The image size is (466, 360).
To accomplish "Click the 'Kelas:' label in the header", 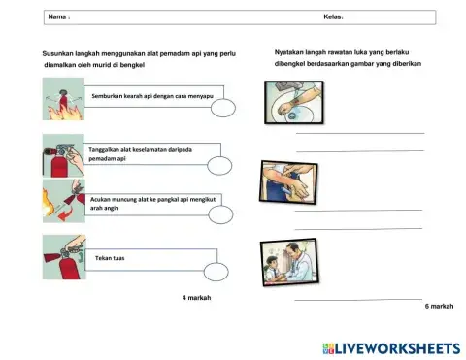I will (333, 17).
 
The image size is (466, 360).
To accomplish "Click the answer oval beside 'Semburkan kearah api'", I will (222, 109).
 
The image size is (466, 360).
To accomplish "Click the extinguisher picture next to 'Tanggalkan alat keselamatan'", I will (61, 155).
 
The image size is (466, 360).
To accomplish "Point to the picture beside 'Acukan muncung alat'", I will (61, 205).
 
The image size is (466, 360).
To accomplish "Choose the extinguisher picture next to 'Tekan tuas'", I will (61, 258).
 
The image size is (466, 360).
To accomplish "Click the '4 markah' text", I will (196, 297).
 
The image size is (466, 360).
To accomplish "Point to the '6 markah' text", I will (439, 306).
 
